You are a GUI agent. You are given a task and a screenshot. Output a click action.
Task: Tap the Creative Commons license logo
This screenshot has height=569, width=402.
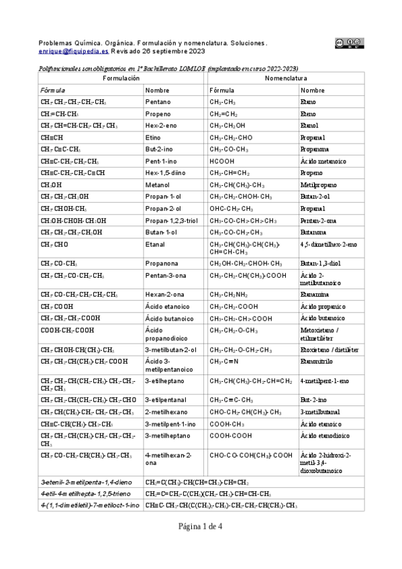pyautogui.click(x=349, y=44)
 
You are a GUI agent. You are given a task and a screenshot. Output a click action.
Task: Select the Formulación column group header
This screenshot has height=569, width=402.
pyautogui.click(x=121, y=79)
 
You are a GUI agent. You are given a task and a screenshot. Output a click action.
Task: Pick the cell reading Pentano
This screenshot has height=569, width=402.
pyautogui.click(x=158, y=102)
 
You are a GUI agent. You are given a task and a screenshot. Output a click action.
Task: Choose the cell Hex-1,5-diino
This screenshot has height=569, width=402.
pyautogui.click(x=166, y=173)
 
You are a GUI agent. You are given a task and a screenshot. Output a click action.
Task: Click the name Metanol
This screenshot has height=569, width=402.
pyautogui.click(x=158, y=185)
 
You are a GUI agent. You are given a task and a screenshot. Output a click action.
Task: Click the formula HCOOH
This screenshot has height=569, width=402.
pyautogui.click(x=222, y=161)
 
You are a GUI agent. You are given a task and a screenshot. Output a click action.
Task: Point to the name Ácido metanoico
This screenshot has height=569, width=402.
pyautogui.click(x=323, y=161)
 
